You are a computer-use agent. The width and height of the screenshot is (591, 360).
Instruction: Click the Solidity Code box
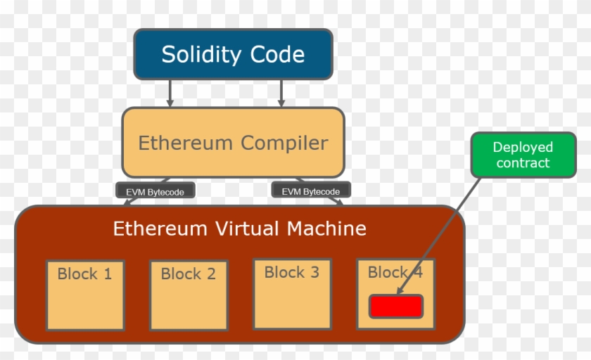pos(233,54)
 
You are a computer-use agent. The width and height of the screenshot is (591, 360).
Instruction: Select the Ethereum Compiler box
pos(233,143)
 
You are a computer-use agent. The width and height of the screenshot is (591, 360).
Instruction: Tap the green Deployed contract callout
pos(523,155)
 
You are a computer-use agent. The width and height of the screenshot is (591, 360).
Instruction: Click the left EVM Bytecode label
pos(155,191)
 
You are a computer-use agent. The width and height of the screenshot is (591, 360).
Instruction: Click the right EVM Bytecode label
pos(310,191)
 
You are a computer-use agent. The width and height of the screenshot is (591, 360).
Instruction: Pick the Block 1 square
pos(84,295)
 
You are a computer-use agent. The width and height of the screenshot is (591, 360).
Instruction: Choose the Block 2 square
pos(189,295)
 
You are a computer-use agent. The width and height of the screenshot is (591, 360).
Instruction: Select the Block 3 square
pos(292,294)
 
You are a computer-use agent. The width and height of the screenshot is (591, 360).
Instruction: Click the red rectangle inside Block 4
pos(396,307)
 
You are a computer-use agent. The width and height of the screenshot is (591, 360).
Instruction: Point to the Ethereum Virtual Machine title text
pos(239,229)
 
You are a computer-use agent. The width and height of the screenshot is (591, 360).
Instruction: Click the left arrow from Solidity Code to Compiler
pos(170,92)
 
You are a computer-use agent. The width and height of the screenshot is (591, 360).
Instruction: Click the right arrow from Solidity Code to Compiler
pos(281,92)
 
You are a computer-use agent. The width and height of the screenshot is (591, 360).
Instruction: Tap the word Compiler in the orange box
pos(284,143)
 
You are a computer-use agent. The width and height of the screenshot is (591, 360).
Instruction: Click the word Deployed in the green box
pos(523,148)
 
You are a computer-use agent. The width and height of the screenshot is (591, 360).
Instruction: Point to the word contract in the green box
pos(523,163)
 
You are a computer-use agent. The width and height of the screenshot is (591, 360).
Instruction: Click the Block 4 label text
pos(395,272)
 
